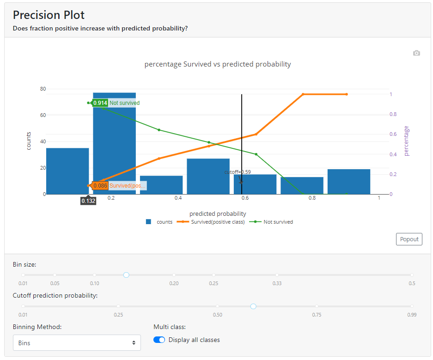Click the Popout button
409,239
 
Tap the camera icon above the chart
416,53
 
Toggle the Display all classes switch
159,340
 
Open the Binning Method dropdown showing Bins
77,343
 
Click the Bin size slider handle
126,275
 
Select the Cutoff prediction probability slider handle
253,306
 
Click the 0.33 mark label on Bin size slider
277,283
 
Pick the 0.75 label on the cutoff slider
317,315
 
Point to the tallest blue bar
114,143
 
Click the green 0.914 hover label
100,103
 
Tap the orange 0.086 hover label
100,186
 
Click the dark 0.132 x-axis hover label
88,201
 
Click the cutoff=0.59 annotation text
238,172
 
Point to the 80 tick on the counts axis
43,89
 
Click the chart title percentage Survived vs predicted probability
218,64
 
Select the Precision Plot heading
49,15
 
